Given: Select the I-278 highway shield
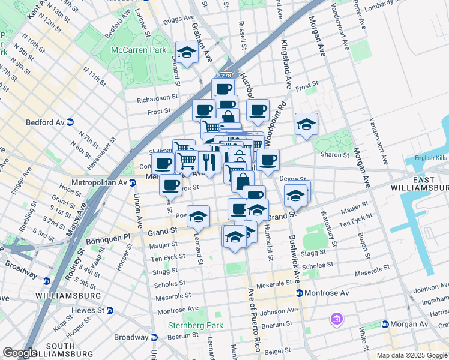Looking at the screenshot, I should click(x=226, y=76).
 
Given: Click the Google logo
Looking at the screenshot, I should click(x=20, y=353).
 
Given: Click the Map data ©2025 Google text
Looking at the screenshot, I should click(x=411, y=355).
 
